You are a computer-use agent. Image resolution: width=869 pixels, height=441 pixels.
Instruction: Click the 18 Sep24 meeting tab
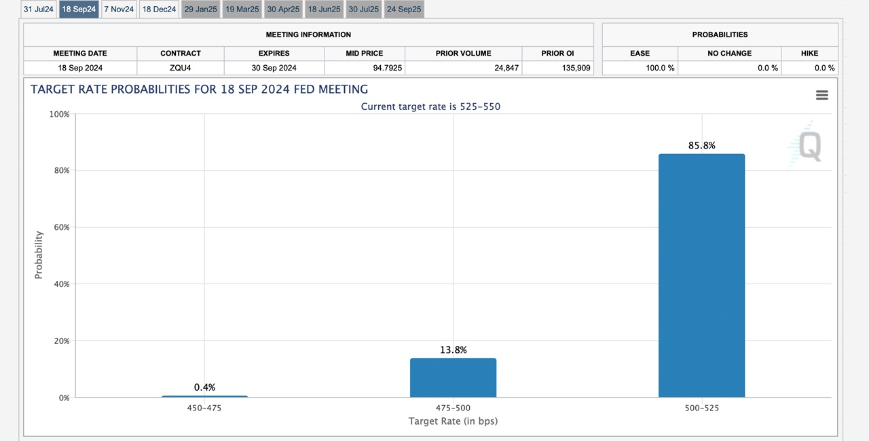point(79,9)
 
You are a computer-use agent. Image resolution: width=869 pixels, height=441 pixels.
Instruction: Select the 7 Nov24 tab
point(119,9)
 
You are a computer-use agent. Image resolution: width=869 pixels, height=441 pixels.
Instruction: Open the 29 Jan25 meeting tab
point(200,9)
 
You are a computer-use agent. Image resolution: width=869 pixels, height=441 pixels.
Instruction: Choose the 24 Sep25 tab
point(404,9)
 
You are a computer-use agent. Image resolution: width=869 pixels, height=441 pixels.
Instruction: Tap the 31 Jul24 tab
point(39,9)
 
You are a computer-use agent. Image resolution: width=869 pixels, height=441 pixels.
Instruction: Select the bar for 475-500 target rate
point(453,378)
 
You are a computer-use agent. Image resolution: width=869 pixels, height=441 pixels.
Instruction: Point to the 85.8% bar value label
point(701,145)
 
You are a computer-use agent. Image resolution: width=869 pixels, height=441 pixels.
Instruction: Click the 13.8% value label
point(453,350)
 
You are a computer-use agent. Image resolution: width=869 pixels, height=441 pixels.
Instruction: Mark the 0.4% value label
point(204,387)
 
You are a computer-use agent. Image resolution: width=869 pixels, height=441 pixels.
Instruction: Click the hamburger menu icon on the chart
point(821,96)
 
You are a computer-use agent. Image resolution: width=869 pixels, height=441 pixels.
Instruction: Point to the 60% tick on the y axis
point(62,227)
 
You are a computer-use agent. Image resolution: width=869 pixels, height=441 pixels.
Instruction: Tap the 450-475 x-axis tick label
point(204,408)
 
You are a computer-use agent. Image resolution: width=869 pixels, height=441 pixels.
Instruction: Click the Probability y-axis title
point(39,255)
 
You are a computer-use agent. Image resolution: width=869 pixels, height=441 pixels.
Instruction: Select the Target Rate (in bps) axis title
point(453,421)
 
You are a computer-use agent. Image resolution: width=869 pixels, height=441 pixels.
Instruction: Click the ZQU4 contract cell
point(181,68)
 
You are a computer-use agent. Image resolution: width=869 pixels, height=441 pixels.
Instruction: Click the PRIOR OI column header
point(557,53)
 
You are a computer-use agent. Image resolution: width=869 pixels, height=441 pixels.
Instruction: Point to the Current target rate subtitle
point(430,107)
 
